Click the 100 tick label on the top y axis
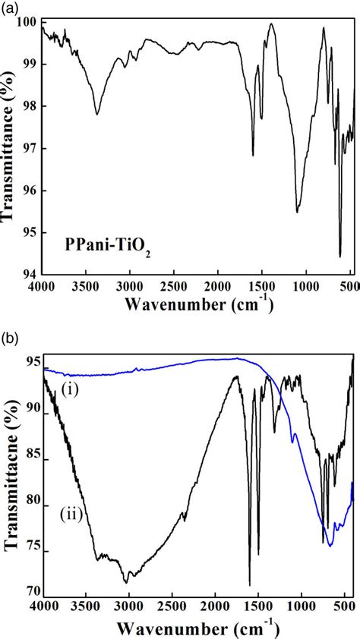tap(28, 24)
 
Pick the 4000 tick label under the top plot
tap(43, 288)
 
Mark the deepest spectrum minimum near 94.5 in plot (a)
tap(339, 256)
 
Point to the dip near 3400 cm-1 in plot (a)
tap(97, 114)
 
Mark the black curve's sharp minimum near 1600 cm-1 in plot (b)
tap(249, 584)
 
